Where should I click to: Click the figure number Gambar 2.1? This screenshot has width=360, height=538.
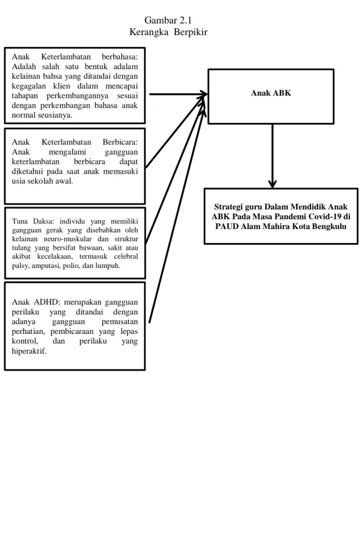tap(168, 20)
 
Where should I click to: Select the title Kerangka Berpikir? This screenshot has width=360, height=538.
tap(168, 32)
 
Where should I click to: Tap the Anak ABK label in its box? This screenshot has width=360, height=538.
tap(271, 93)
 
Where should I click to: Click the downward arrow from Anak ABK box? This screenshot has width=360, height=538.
tap(273, 156)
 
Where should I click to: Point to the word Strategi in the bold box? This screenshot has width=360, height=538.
tap(228, 207)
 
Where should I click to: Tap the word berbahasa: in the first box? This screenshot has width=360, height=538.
tap(120, 56)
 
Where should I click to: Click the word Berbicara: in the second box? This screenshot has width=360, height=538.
tap(120, 142)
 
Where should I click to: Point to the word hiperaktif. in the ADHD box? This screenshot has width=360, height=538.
tap(29, 351)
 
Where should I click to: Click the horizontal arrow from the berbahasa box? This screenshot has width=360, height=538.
tap(178, 94)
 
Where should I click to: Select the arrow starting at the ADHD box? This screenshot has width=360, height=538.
tap(177, 216)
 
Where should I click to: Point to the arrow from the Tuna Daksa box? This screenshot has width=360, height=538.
tap(175, 172)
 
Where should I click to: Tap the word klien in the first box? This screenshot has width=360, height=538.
tap(62, 86)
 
